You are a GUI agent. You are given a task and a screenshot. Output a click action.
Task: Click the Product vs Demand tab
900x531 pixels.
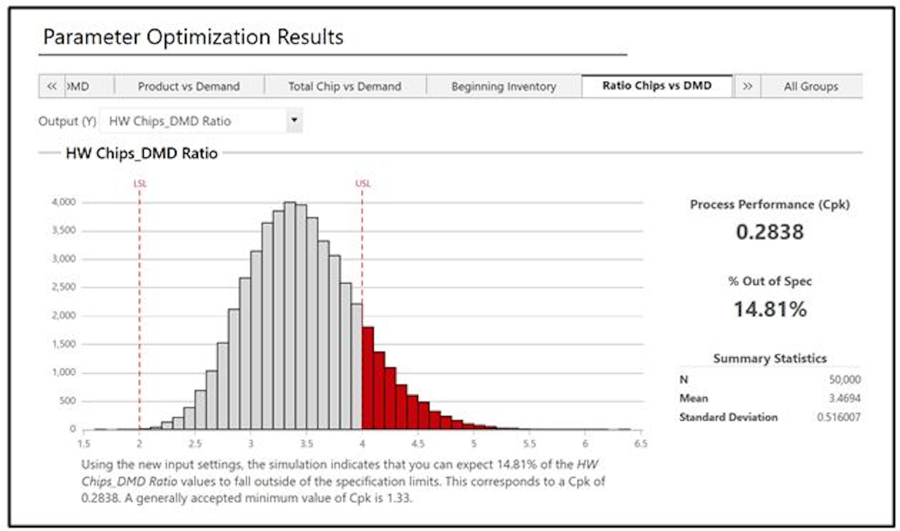pyautogui.click(x=189, y=86)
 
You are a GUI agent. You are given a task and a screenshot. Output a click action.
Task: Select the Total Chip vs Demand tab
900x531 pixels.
pyautogui.click(x=344, y=86)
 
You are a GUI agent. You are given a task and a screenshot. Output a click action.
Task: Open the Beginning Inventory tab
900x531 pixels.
pyautogui.click(x=504, y=86)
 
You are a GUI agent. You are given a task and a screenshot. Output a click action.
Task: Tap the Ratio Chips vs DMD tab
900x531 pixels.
pyautogui.click(x=656, y=86)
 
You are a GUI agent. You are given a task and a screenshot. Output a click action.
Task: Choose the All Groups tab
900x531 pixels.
pyautogui.click(x=811, y=86)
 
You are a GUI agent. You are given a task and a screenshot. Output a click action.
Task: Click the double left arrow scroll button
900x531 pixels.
pyautogui.click(x=52, y=86)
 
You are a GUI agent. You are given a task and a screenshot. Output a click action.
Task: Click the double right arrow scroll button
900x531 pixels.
pyautogui.click(x=747, y=86)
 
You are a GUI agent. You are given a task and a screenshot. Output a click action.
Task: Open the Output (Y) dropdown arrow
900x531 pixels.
pyautogui.click(x=294, y=120)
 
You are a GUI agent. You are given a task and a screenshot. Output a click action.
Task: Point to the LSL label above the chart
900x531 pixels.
pyautogui.click(x=139, y=184)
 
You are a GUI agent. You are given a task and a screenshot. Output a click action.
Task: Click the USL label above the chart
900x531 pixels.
pyautogui.click(x=362, y=184)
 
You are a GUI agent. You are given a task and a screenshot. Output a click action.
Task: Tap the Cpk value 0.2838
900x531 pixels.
pyautogui.click(x=769, y=232)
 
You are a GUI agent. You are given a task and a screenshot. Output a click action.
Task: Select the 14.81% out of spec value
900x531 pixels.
pyautogui.click(x=769, y=309)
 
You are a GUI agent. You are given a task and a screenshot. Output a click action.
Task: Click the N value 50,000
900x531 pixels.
pyautogui.click(x=844, y=379)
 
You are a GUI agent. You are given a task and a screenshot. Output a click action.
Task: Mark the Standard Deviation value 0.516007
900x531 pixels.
pyautogui.click(x=838, y=417)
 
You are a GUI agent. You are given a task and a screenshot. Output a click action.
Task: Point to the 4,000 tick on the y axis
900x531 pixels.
pyautogui.click(x=64, y=202)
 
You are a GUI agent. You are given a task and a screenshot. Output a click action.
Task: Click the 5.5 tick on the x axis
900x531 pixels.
pyautogui.click(x=529, y=444)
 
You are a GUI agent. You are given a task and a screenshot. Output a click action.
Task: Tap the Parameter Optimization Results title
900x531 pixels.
pyautogui.click(x=193, y=37)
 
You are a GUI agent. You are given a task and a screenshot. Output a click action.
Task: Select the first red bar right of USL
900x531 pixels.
pyautogui.click(x=368, y=377)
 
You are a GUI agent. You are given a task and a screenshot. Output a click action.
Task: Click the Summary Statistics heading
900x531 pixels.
pyautogui.click(x=769, y=358)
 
